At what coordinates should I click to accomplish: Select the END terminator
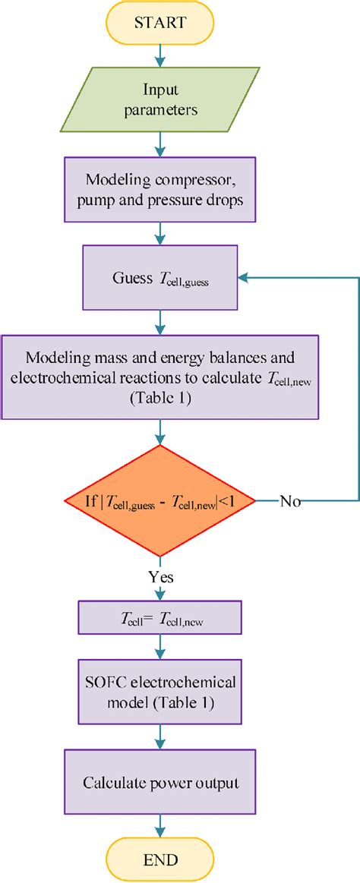160,859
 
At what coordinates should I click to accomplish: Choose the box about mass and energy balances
160,377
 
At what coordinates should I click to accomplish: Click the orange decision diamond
160,500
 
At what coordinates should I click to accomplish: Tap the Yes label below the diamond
160,576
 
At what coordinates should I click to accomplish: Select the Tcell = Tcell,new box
160,619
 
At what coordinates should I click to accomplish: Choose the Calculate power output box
160,781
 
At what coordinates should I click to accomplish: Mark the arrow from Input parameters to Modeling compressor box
160,144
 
